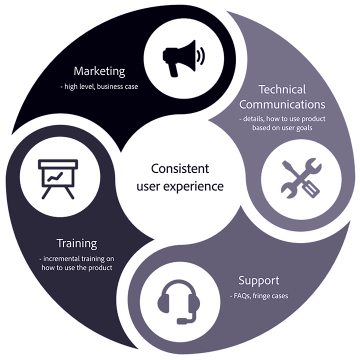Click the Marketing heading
click(x=99, y=71)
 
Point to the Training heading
click(x=76, y=243)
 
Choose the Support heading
click(x=258, y=280)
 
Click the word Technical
click(x=282, y=89)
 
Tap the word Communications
click(x=282, y=104)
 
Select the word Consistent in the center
click(x=180, y=168)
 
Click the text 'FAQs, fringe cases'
click(x=260, y=295)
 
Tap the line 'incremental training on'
click(x=76, y=259)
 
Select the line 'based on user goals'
click(x=282, y=129)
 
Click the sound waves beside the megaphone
click(x=200, y=56)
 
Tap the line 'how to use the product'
click(x=76, y=268)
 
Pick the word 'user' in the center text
click(x=150, y=186)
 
